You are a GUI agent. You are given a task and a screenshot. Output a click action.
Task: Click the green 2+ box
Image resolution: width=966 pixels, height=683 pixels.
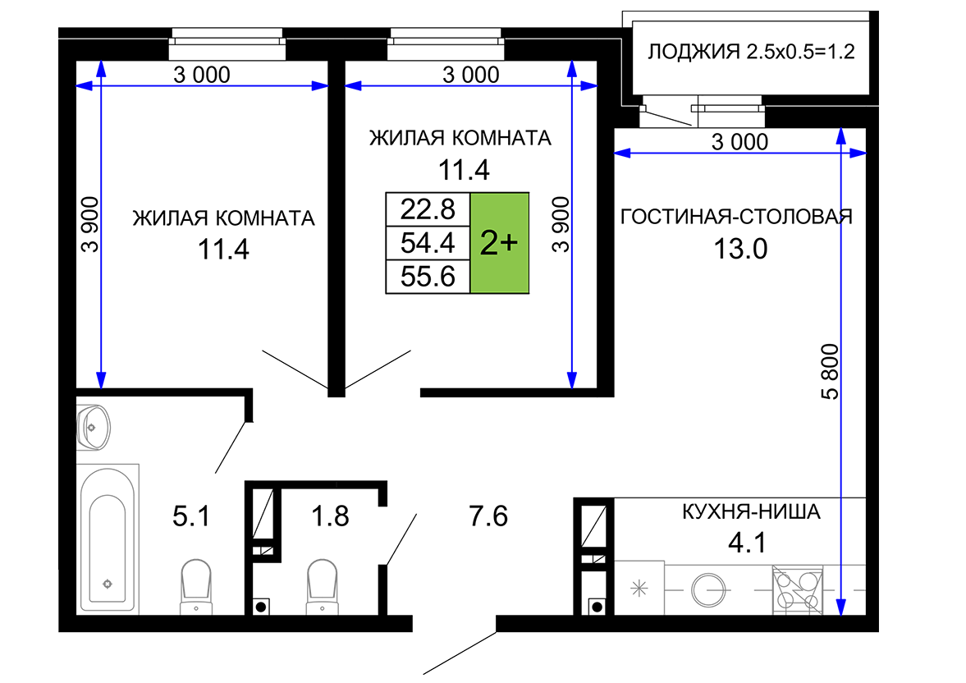point(500,243)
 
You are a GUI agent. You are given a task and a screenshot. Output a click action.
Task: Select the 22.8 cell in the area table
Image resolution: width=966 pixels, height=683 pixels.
point(428,209)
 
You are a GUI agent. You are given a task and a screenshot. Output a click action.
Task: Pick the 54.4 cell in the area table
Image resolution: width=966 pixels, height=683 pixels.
point(428,243)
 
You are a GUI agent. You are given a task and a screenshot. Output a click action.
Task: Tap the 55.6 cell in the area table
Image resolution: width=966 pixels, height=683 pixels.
point(428,276)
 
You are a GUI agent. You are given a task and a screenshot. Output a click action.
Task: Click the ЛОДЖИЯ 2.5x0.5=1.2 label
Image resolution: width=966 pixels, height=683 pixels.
point(751,52)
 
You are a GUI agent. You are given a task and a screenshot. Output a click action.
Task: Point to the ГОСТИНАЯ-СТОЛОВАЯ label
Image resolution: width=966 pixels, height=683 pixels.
point(736,217)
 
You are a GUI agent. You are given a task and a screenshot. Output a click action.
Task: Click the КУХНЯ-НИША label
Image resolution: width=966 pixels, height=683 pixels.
point(751,511)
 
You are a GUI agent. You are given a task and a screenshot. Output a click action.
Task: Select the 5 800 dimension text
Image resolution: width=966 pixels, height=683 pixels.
point(831,372)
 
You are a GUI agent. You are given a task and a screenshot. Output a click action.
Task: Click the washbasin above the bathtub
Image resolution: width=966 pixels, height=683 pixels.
point(93,427)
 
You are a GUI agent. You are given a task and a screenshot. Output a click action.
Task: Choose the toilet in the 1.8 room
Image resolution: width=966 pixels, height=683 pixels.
point(323,586)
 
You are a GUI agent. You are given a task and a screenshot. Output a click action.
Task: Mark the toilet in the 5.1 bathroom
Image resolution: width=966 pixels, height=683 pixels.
point(196,586)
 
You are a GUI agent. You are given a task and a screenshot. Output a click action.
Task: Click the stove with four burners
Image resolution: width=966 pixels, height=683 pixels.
point(797,590)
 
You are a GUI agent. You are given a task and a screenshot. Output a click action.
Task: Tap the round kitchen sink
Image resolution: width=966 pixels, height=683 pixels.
point(707,590)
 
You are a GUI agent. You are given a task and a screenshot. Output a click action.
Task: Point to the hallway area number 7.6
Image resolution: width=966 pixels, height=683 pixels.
point(488,516)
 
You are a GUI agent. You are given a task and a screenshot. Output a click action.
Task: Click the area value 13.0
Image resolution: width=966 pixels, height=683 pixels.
point(740,250)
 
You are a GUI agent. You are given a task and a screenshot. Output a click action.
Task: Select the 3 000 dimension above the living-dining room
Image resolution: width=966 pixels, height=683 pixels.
point(740,142)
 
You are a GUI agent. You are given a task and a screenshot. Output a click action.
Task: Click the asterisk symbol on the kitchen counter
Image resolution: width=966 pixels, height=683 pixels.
point(639,588)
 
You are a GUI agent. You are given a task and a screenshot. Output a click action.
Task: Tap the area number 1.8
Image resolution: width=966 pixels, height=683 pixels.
point(330,516)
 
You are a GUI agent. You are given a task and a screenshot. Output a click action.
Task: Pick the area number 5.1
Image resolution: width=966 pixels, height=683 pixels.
point(191,516)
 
